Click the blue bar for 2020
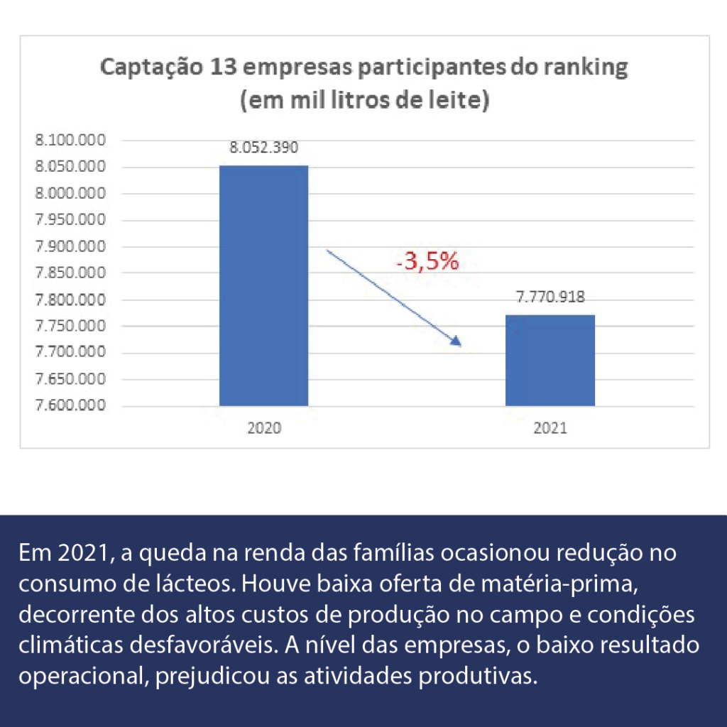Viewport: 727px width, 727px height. click(x=263, y=285)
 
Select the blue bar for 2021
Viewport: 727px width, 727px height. click(x=550, y=360)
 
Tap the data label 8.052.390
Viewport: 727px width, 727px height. click(x=263, y=148)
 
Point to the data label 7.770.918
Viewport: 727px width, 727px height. click(x=550, y=297)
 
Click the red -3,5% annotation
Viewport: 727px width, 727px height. click(x=427, y=261)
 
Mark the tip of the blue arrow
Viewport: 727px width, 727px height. click(x=460, y=345)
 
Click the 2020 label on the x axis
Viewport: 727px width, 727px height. click(x=263, y=428)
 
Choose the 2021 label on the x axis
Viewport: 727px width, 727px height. click(x=550, y=428)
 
